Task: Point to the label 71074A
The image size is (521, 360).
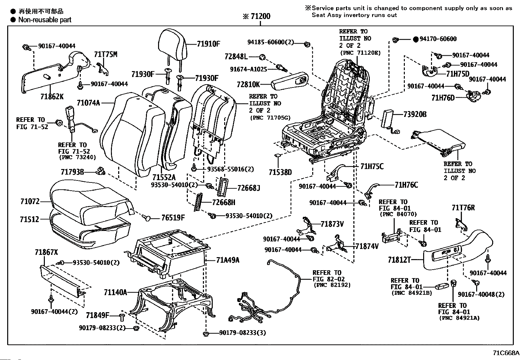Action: pyautogui.click(x=88, y=103)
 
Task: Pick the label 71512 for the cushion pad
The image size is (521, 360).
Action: pyautogui.click(x=29, y=219)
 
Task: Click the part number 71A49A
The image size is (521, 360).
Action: pyautogui.click(x=227, y=260)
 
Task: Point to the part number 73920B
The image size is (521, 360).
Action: pyautogui.click(x=415, y=114)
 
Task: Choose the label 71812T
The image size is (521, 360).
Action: pyautogui.click(x=399, y=260)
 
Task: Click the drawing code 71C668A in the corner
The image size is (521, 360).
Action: pyautogui.click(x=506, y=353)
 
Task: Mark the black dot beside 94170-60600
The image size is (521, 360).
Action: pyautogui.click(x=415, y=39)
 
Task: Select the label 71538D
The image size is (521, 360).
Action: pyautogui.click(x=280, y=172)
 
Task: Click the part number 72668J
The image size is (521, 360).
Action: pyautogui.click(x=248, y=188)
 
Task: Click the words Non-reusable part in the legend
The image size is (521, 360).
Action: pyautogui.click(x=45, y=20)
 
